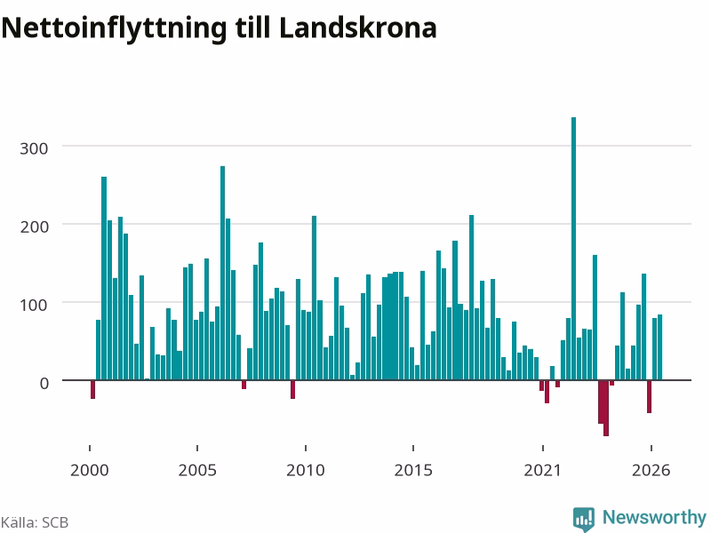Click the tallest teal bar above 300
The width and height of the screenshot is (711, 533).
pos(573,249)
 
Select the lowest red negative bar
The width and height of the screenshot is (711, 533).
pos(606,408)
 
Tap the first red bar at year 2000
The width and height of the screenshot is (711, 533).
pos(93,389)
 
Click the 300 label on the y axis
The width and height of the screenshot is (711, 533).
pos(34,148)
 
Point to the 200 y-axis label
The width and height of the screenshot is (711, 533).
pos(34,227)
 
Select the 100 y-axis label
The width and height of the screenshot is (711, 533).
pos(34,305)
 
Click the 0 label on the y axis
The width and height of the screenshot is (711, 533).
pos(44,384)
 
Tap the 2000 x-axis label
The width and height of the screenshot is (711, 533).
pos(90,470)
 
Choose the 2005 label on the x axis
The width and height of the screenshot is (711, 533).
pos(197,470)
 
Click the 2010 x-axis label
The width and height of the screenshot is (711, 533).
pos(306,470)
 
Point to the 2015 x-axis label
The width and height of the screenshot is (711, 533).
pos(413,470)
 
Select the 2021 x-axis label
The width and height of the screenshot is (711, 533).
pos(543,470)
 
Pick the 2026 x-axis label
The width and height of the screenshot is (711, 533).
pos(651,470)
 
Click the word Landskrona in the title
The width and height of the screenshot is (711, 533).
pos(358,28)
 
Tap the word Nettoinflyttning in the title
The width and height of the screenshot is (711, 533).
pos(114,29)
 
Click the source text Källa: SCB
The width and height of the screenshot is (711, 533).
pos(35,522)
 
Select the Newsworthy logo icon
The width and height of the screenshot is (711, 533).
pos(584,519)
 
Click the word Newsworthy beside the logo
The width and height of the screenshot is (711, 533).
pos(654,517)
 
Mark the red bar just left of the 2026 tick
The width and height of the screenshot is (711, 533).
pos(650,396)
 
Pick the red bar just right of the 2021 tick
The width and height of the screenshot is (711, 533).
pos(547,392)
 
